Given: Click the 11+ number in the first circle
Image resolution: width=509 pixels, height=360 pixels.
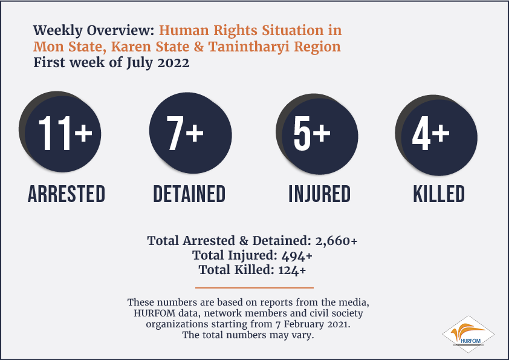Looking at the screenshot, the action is pyautogui.click(x=65, y=133).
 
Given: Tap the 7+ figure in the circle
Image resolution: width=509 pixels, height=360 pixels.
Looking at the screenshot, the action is pyautogui.click(x=185, y=133).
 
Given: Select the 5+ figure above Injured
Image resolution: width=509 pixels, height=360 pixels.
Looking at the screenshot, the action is pyautogui.click(x=312, y=133).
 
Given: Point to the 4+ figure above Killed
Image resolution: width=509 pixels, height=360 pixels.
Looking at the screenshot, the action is pyautogui.click(x=430, y=133).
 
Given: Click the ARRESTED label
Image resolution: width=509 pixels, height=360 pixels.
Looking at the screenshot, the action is pyautogui.click(x=66, y=194).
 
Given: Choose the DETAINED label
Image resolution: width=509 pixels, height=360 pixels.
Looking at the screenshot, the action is pyautogui.click(x=189, y=194).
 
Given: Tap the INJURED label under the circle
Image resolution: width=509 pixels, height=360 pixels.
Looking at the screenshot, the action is pyautogui.click(x=320, y=194).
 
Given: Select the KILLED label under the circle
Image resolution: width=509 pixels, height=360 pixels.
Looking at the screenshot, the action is pyautogui.click(x=439, y=194).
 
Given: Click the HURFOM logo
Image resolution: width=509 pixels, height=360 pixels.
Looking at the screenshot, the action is pyautogui.click(x=468, y=335).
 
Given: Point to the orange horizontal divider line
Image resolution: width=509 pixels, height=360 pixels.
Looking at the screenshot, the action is pyautogui.click(x=254, y=287).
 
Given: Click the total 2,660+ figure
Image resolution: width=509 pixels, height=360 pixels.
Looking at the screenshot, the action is pyautogui.click(x=336, y=241).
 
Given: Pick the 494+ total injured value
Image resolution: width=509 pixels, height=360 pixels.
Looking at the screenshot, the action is pyautogui.click(x=297, y=256).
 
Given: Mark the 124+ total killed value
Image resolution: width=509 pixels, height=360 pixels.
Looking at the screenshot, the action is pyautogui.click(x=292, y=270).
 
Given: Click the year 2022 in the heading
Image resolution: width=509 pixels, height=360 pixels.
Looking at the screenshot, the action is pyautogui.click(x=173, y=62).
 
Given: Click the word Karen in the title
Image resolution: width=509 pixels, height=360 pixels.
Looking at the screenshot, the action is pyautogui.click(x=131, y=47).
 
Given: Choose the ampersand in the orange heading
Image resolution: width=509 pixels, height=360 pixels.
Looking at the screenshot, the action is pyautogui.click(x=199, y=47).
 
